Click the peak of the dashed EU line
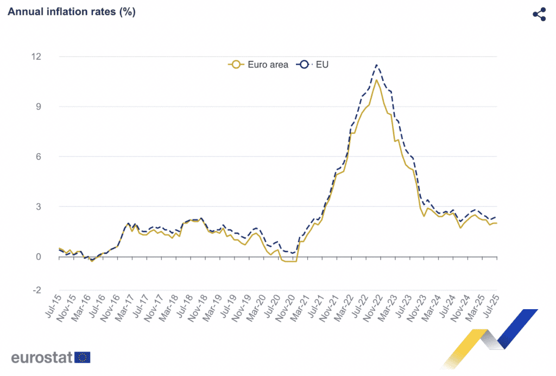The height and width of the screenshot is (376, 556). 377,65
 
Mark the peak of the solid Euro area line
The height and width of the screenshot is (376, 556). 377,80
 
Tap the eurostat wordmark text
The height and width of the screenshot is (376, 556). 42,358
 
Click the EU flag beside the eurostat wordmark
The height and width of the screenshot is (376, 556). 83,357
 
